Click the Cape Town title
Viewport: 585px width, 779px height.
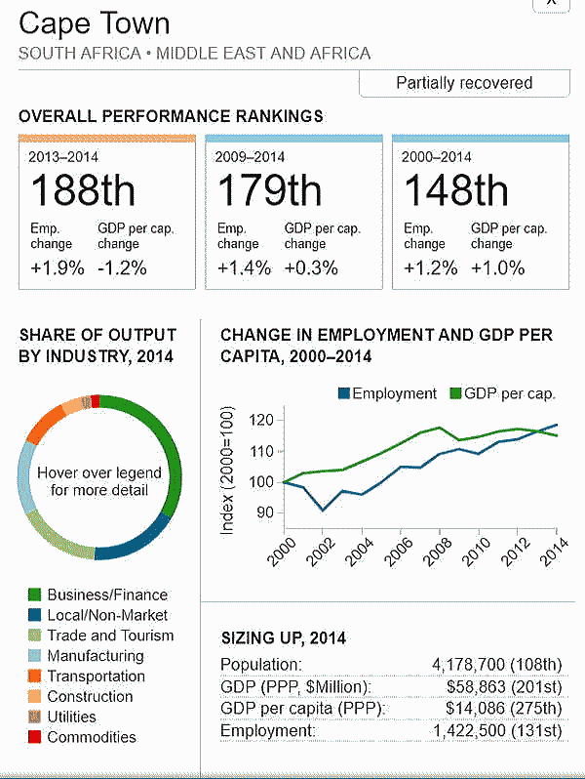95,23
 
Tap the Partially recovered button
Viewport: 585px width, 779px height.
464,83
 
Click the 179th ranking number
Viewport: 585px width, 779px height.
269,188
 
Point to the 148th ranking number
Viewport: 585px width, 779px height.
455,188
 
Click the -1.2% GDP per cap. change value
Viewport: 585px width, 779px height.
123,267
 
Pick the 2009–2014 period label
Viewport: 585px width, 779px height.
250,155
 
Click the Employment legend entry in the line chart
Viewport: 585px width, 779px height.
386,393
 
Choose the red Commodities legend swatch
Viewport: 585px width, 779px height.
35,737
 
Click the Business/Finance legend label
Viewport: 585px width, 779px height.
107,594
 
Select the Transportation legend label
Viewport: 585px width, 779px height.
96,676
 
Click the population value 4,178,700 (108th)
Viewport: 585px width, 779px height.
496,665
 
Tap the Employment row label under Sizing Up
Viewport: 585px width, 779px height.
268,730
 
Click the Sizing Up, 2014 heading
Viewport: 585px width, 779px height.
283,638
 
